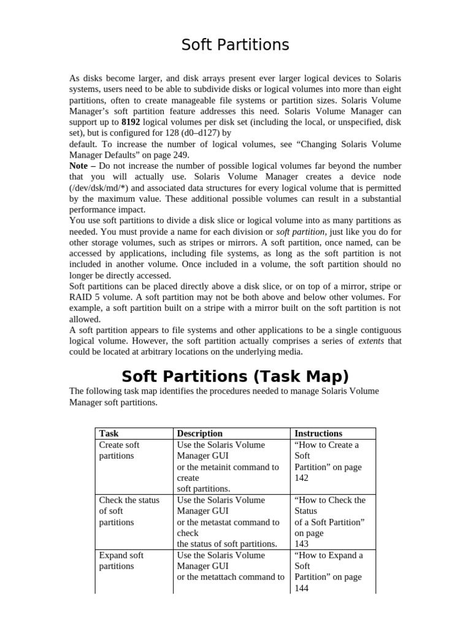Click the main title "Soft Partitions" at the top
(x=235, y=45)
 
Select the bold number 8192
(x=132, y=122)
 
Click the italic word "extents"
(x=371, y=340)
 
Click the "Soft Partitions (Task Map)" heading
(x=235, y=375)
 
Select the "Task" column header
(x=109, y=433)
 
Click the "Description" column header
(x=199, y=433)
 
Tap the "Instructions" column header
(x=318, y=433)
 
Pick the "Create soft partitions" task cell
(x=119, y=450)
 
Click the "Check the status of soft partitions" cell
(x=129, y=511)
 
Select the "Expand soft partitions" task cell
(x=121, y=561)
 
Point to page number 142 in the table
(x=302, y=478)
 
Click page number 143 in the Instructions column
(x=302, y=544)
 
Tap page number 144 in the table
(x=302, y=588)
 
